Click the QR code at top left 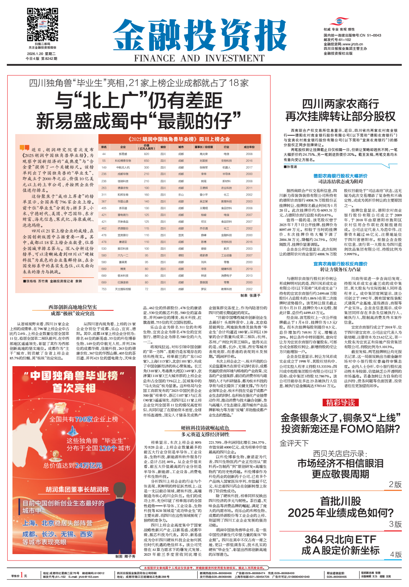point(42,24)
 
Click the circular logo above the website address point(341,21)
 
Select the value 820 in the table point(147,154)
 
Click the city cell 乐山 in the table point(181,194)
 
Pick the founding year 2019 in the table point(249,269)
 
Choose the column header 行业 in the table point(227,147)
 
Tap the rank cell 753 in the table point(104,289)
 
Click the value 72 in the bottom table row point(147,289)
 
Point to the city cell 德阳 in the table point(181,255)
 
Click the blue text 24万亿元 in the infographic point(88,465)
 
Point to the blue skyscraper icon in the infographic point(72,431)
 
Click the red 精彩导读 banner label point(340,402)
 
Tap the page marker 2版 point(395,484)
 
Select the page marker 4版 point(396,554)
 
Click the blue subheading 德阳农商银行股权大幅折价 point(340,176)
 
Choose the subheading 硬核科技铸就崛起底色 point(205,428)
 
